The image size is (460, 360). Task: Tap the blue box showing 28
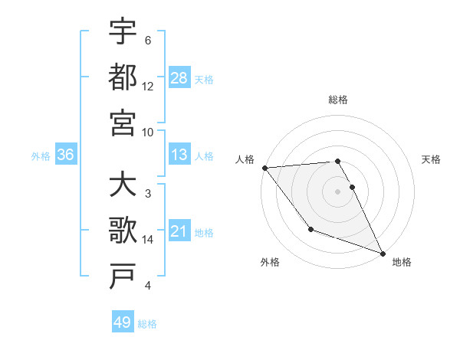(179, 78)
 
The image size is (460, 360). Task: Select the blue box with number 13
(179, 155)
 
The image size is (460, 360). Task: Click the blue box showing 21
(179, 231)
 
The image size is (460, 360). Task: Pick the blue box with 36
(65, 155)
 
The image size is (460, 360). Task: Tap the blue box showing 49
(123, 322)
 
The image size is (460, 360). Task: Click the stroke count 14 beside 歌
(148, 240)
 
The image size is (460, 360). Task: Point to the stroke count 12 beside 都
(148, 86)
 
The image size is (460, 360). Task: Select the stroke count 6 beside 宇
(147, 41)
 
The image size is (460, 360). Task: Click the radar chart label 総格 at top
(337, 100)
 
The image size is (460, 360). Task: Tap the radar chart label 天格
(431, 159)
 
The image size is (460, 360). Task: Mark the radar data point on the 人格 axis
(264, 168)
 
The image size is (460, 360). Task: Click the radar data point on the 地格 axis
(383, 253)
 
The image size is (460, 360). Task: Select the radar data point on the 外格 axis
(310, 229)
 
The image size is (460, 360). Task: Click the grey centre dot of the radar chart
(337, 191)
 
